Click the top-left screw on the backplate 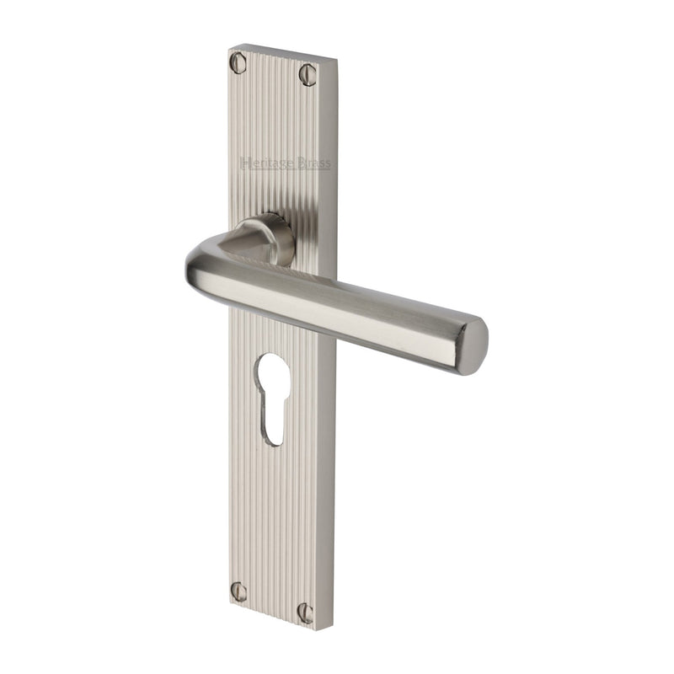[238, 62]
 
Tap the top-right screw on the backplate [308, 75]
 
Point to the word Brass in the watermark [314, 163]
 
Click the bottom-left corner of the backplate [231, 603]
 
